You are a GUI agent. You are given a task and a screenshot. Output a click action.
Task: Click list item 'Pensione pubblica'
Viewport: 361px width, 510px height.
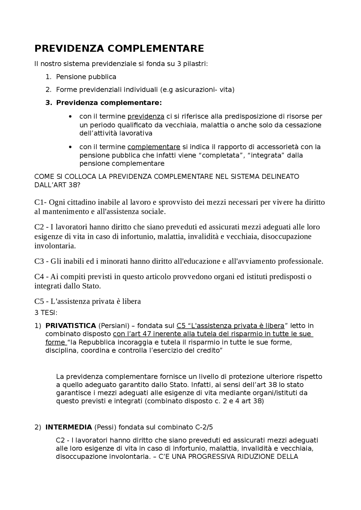(x=86, y=77)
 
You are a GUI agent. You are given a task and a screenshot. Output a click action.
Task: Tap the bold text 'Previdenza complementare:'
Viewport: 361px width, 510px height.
(x=109, y=103)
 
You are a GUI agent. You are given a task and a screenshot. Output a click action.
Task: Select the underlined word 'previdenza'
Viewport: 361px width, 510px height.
(x=146, y=117)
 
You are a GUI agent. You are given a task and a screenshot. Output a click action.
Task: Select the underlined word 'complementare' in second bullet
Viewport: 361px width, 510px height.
(x=154, y=147)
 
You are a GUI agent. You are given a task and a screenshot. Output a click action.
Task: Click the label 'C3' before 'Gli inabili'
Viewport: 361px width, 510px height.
(x=39, y=261)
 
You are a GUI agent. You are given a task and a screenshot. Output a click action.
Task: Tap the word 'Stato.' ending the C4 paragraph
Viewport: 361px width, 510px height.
(x=91, y=286)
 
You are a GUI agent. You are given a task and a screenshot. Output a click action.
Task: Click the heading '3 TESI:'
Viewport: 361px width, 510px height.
(x=46, y=313)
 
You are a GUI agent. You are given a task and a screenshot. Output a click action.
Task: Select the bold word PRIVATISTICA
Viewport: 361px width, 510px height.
(x=71, y=326)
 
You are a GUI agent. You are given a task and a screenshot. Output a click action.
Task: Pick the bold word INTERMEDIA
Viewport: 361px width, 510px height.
(x=69, y=427)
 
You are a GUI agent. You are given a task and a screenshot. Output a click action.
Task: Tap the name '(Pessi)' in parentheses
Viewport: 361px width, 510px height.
(x=105, y=427)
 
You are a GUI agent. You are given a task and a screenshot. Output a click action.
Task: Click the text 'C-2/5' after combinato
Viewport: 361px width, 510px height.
(x=204, y=427)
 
